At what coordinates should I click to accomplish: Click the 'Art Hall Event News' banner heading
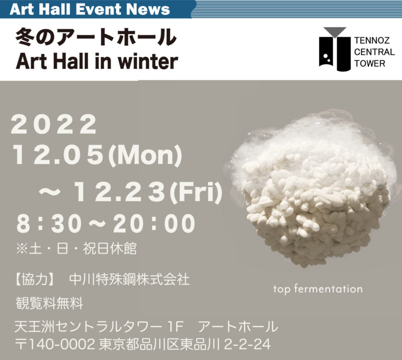pos(90,9)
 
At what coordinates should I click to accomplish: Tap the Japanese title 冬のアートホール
pos(96,37)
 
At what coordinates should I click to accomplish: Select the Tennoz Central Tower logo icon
pos(335,49)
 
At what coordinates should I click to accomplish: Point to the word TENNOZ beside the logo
pos(372,41)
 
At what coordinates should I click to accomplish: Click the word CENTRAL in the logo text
pos(374,52)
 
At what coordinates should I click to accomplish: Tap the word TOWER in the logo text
pos(370,64)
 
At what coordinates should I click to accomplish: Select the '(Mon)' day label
pos(145,155)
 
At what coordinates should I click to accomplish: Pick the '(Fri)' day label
pos(196,191)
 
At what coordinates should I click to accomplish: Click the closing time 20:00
pos(154,223)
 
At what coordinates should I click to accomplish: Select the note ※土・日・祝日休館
pos(76,249)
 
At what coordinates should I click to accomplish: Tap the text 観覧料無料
pos(49,303)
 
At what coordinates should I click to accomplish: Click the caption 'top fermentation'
pos(318,289)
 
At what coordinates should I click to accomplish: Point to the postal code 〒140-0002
pos(55,344)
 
